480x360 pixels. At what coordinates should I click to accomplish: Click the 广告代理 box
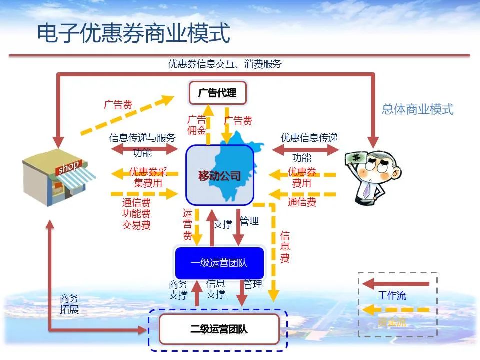pyautogui.click(x=217, y=93)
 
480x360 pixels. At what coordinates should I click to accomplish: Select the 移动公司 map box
pyautogui.click(x=220, y=175)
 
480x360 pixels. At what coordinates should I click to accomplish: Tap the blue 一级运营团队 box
pyautogui.click(x=219, y=263)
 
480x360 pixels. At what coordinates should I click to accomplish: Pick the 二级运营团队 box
pyautogui.click(x=219, y=329)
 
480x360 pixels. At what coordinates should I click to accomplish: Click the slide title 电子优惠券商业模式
pyautogui.click(x=133, y=33)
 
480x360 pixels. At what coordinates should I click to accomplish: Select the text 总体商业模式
pyautogui.click(x=417, y=109)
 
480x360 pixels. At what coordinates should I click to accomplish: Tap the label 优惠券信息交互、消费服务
pyautogui.click(x=225, y=64)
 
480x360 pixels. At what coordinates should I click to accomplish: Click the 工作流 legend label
pyautogui.click(x=392, y=295)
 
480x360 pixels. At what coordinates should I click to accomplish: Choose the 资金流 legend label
pyautogui.click(x=392, y=322)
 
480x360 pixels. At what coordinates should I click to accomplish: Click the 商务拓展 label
pyautogui.click(x=69, y=304)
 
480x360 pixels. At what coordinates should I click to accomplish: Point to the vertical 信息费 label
pyautogui.click(x=285, y=247)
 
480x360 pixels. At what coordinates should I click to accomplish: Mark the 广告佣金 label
pyautogui.click(x=196, y=125)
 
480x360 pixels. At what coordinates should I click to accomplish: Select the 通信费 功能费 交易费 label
pyautogui.click(x=136, y=214)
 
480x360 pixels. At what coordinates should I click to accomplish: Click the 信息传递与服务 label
pyautogui.click(x=142, y=138)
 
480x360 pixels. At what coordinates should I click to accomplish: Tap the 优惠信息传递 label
pyautogui.click(x=309, y=138)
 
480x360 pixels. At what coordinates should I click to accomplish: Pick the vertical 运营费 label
pyautogui.click(x=187, y=224)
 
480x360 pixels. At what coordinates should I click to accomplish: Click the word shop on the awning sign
pyautogui.click(x=69, y=167)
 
